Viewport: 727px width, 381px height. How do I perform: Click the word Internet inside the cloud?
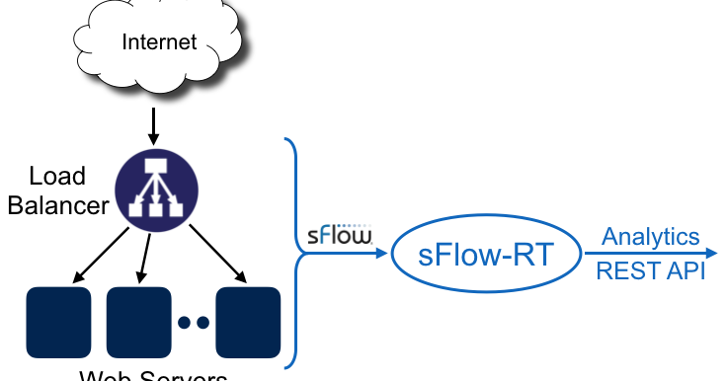pos(159,41)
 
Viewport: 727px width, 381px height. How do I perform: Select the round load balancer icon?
pos(157,190)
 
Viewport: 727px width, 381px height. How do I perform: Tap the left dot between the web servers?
pos(185,322)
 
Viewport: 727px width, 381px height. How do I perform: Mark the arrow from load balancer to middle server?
pos(147,257)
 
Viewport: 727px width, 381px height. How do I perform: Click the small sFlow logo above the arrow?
pos(339,236)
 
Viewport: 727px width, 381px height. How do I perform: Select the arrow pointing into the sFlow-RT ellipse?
pos(351,254)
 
